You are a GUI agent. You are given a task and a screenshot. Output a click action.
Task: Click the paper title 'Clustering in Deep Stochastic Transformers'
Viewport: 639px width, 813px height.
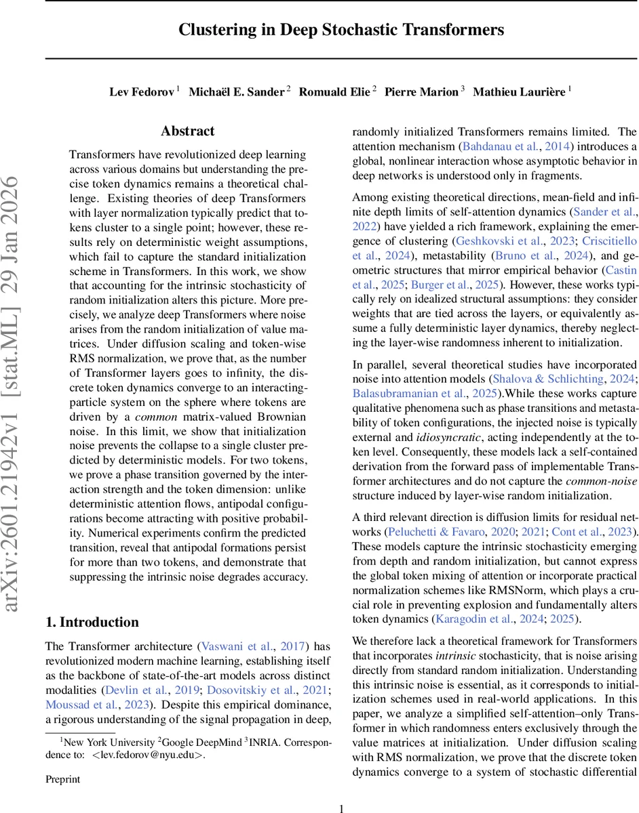(x=341, y=30)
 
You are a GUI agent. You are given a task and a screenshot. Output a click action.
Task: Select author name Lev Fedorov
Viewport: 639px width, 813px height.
(x=141, y=92)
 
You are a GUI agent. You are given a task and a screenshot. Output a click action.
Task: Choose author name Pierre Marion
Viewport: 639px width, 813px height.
(x=421, y=92)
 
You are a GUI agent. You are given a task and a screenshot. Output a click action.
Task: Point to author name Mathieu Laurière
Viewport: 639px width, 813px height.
(x=518, y=92)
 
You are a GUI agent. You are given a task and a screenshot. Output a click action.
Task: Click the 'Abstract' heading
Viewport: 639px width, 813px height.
(x=188, y=131)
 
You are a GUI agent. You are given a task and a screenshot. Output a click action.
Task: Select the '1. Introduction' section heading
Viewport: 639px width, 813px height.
(x=92, y=622)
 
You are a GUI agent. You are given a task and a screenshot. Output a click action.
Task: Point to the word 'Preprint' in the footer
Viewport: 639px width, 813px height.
(x=62, y=779)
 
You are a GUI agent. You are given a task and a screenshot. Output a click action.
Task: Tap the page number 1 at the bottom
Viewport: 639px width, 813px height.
(x=341, y=807)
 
